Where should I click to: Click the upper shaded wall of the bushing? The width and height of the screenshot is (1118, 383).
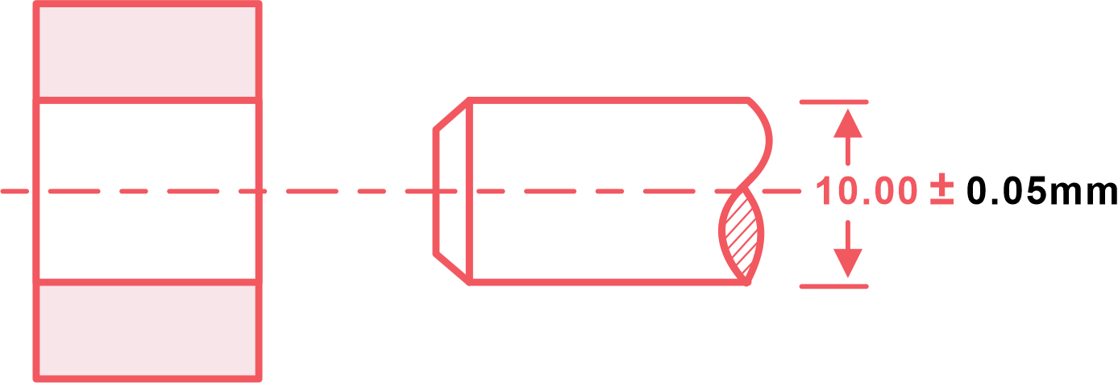(x=148, y=52)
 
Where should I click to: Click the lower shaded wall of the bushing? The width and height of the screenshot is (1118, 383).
(x=148, y=331)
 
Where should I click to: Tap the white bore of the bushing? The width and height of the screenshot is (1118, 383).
(x=148, y=191)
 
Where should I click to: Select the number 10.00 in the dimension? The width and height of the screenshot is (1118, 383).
(x=866, y=191)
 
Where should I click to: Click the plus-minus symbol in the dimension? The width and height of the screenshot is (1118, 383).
(x=941, y=192)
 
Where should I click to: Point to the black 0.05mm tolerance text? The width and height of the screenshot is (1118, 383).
(x=1041, y=191)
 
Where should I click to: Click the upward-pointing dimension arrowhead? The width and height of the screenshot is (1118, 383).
(x=848, y=123)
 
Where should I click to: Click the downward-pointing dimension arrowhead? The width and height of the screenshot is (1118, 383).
(x=848, y=263)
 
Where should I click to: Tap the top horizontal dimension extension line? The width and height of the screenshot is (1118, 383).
(x=834, y=102)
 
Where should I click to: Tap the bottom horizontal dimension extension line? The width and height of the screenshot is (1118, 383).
(x=834, y=286)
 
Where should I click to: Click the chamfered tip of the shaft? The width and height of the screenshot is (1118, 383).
(x=451, y=192)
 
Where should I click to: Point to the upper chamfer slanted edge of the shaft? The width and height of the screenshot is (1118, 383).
(x=451, y=114)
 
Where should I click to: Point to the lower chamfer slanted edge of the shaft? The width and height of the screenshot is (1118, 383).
(x=451, y=269)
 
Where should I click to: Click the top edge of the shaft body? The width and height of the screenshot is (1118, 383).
(x=609, y=100)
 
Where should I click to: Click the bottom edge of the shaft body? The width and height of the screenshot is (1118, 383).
(x=609, y=283)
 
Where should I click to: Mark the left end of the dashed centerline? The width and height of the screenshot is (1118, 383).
(x=2, y=191)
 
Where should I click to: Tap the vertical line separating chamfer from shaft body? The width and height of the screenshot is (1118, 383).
(x=469, y=192)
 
